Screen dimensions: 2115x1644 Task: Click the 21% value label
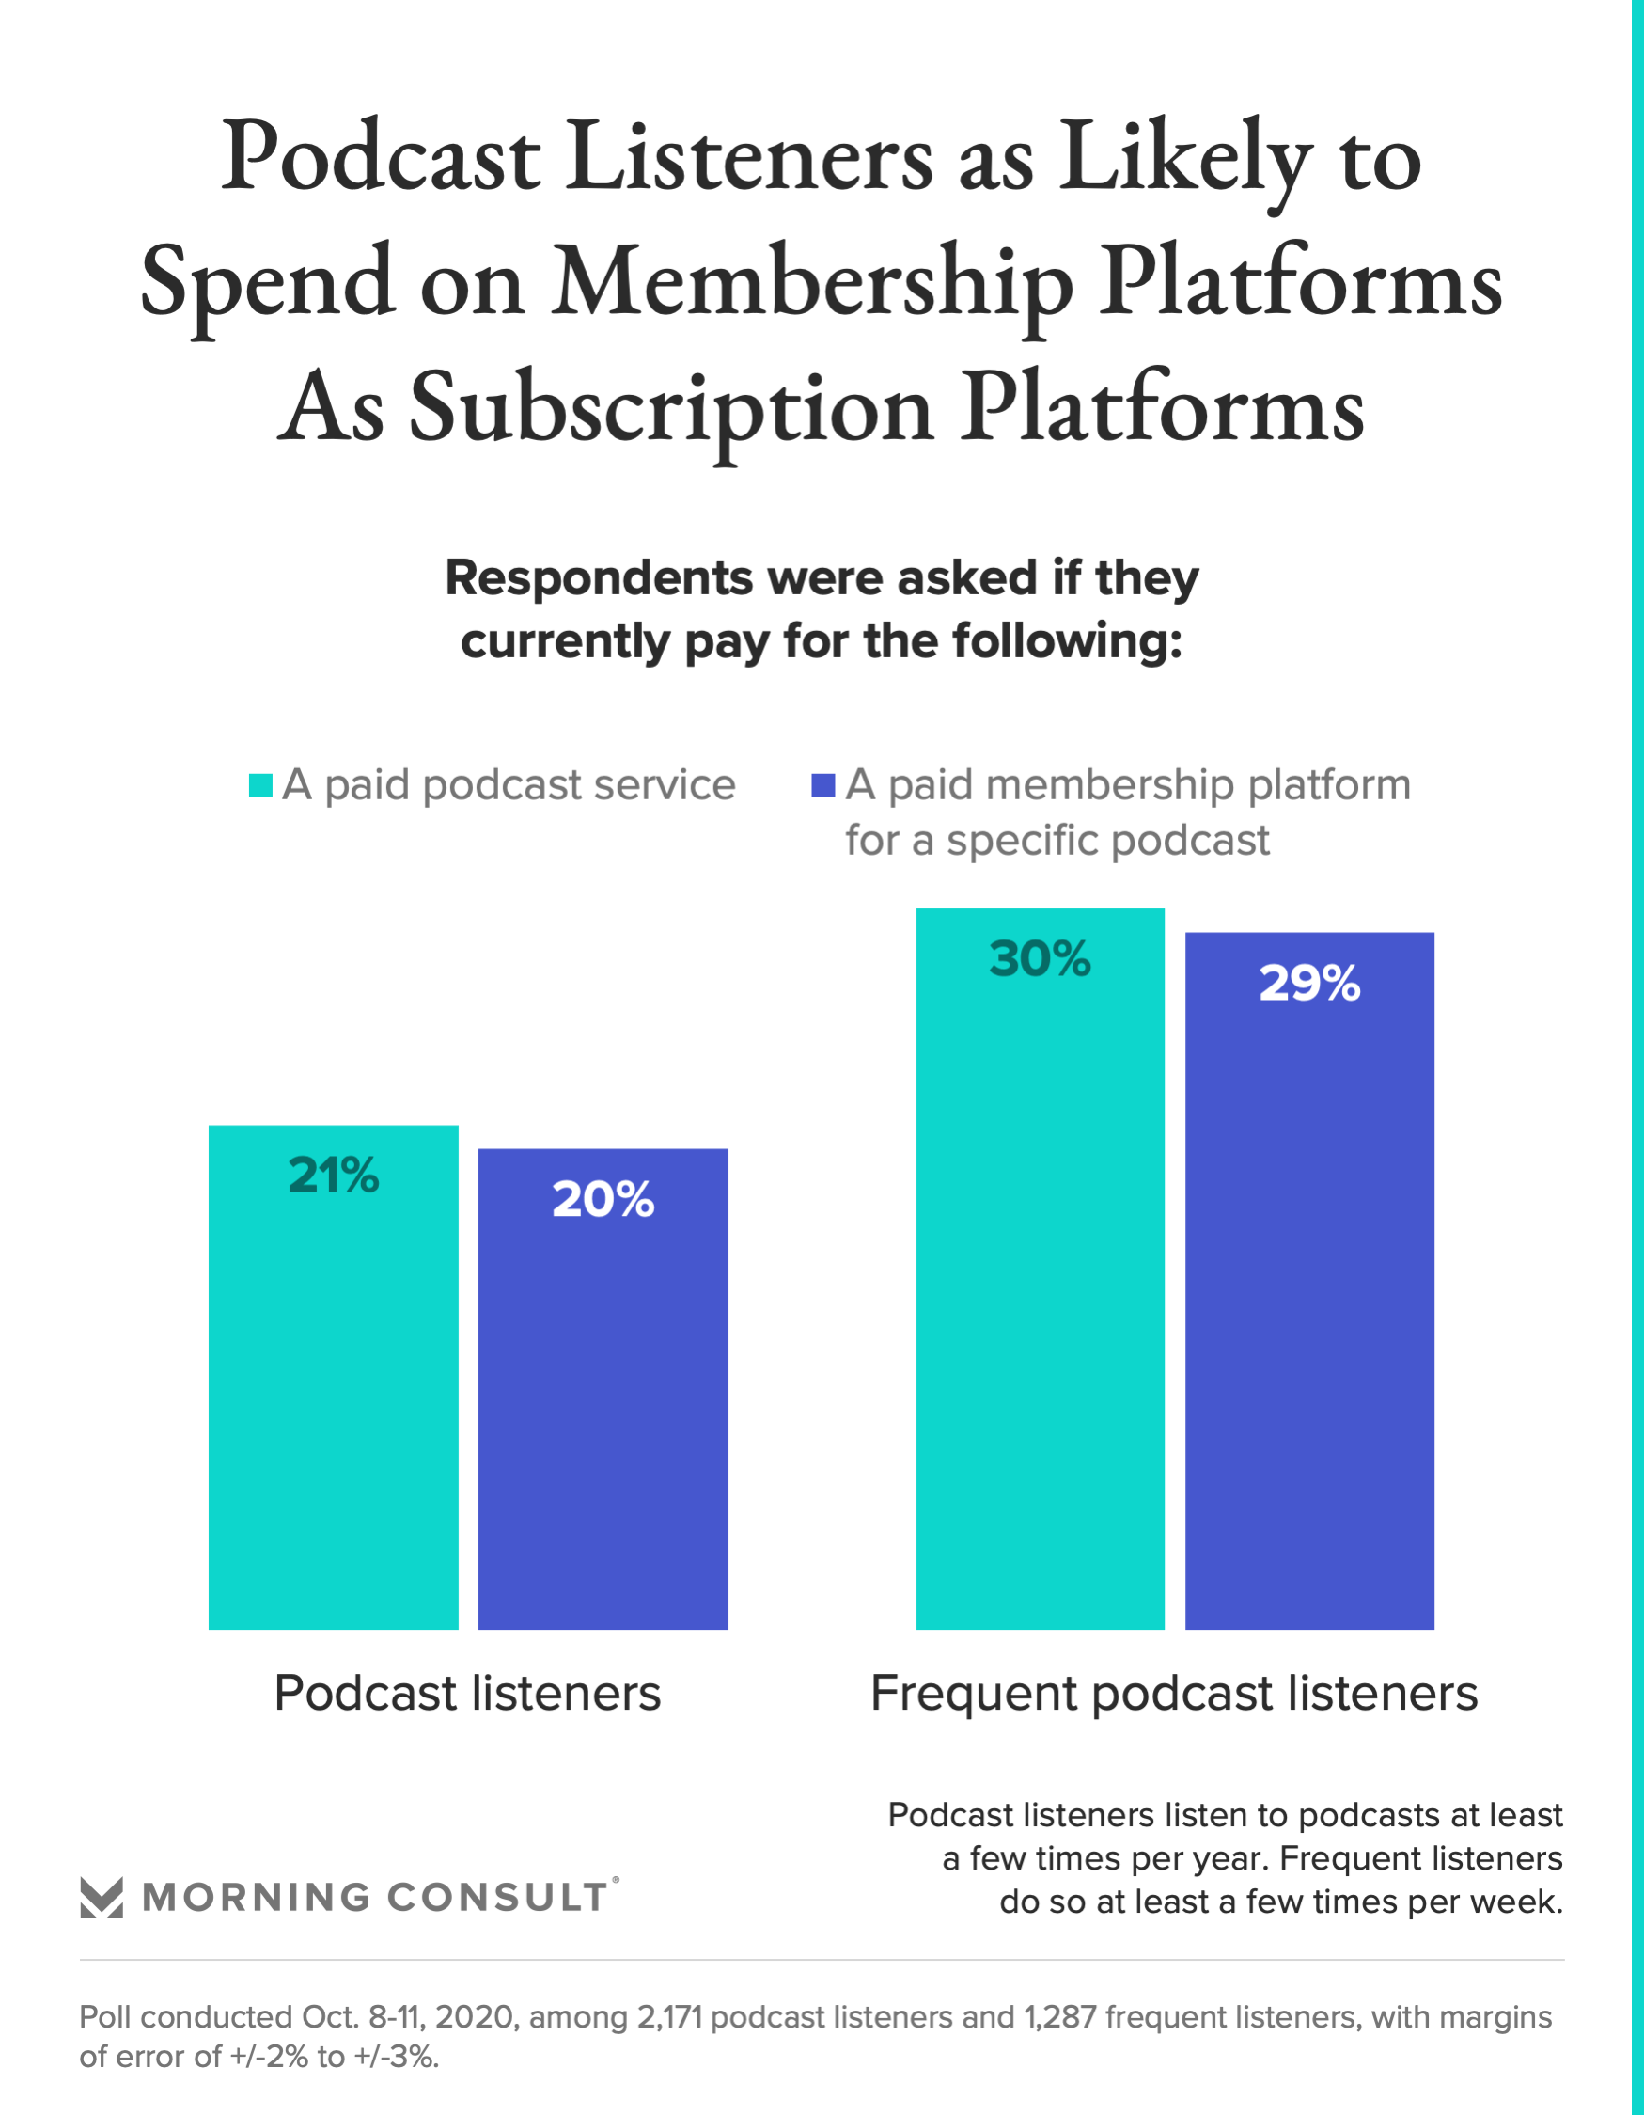333,1175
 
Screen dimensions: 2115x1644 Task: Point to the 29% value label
1309,983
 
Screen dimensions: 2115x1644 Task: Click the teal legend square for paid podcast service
260,785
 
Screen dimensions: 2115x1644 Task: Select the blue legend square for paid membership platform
823,785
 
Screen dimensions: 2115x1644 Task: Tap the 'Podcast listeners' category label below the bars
468,1694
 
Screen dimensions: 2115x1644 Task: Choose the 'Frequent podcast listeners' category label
1173,1694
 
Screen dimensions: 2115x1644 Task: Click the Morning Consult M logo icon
102,1897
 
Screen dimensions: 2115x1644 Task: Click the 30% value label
1040,958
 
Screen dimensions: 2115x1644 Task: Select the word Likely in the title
1186,157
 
